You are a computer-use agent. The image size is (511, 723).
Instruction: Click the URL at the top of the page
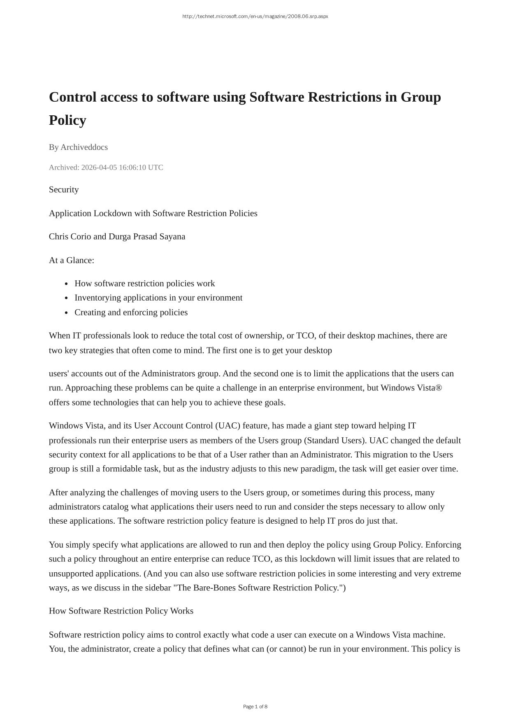pyautogui.click(x=255, y=16)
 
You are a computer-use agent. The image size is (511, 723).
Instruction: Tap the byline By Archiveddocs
pyautogui.click(x=78, y=147)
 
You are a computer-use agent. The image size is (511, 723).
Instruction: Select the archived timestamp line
pyautogui.click(x=106, y=167)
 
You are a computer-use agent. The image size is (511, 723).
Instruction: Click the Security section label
pyautogui.click(x=64, y=189)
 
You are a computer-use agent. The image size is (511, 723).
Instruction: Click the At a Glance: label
pyautogui.click(x=72, y=260)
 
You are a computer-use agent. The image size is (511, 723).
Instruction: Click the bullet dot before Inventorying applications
pyautogui.click(x=66, y=298)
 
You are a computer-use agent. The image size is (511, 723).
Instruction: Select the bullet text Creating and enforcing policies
pyautogui.click(x=131, y=312)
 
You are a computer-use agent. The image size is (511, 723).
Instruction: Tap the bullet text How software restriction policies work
pyautogui.click(x=144, y=283)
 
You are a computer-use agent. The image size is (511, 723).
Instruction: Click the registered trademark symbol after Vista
pyautogui.click(x=439, y=387)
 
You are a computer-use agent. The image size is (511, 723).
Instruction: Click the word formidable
pyautogui.click(x=122, y=469)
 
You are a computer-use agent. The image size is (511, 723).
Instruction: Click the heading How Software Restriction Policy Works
pyautogui.click(x=121, y=611)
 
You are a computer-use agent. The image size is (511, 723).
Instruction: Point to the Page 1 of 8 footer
pyautogui.click(x=255, y=707)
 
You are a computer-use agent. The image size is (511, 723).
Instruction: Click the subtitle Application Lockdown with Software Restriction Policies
pyautogui.click(x=153, y=213)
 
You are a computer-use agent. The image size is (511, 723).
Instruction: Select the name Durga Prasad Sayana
pyautogui.click(x=147, y=236)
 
